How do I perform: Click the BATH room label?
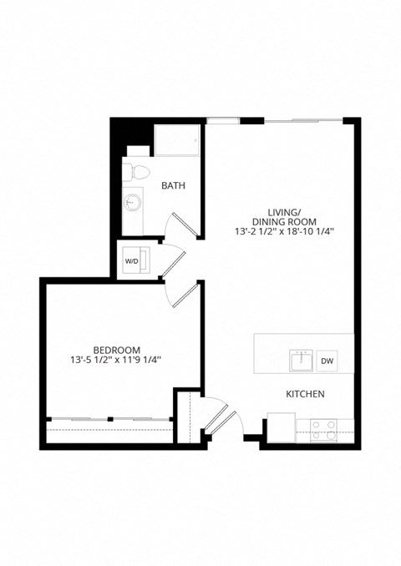[174, 185]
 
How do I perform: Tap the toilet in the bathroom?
[135, 172]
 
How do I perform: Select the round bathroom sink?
[133, 203]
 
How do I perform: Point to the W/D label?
[132, 260]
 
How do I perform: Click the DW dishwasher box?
[327, 361]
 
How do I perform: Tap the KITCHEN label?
[305, 394]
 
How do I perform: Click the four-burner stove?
[323, 430]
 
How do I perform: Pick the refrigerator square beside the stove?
[281, 428]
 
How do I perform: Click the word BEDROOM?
[116, 350]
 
